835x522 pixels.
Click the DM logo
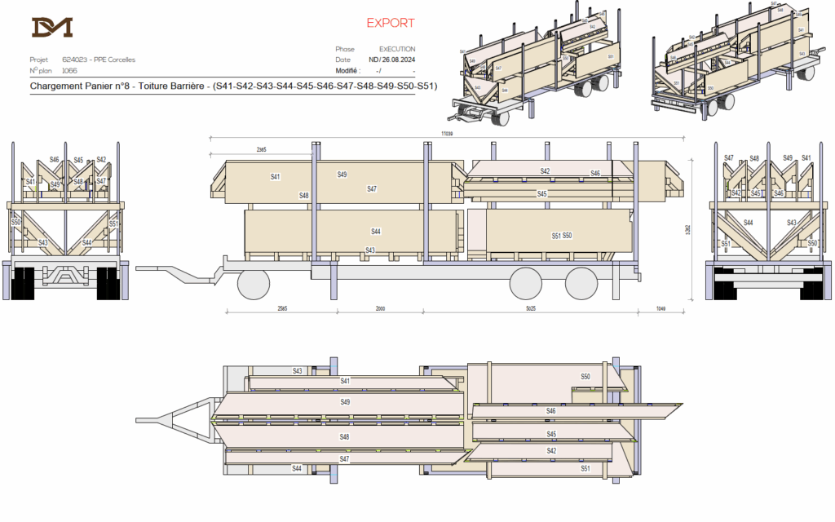click(x=52, y=27)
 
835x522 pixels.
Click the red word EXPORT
click(x=390, y=23)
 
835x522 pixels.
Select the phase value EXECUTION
click(x=397, y=49)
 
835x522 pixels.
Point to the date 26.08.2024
click(x=399, y=60)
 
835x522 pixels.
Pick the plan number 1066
click(x=69, y=70)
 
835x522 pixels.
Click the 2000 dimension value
click(x=380, y=309)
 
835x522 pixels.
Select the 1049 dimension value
click(x=660, y=309)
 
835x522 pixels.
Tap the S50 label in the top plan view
click(x=585, y=376)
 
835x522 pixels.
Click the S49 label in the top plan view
click(x=345, y=402)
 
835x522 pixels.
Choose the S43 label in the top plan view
click(x=298, y=371)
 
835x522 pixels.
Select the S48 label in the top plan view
click(x=345, y=437)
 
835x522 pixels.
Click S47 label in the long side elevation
click(x=372, y=188)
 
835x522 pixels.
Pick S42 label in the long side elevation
click(x=545, y=170)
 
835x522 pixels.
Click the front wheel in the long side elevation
click(x=253, y=283)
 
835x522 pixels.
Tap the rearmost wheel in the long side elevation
click(x=581, y=283)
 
